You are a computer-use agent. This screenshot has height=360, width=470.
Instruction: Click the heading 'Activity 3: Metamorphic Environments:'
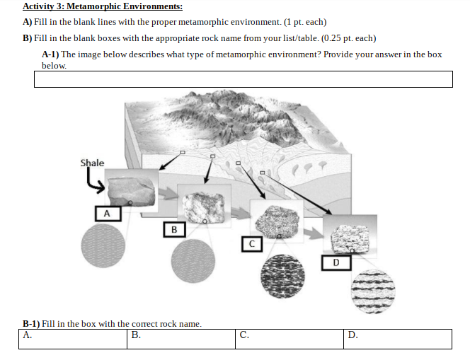click(x=102, y=7)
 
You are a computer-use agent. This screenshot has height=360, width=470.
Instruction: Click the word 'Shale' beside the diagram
click(x=92, y=163)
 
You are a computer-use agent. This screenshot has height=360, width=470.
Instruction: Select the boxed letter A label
click(x=107, y=212)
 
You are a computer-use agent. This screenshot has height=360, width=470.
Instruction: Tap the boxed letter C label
click(x=251, y=244)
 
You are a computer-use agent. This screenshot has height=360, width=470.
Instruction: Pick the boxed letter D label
click(x=336, y=263)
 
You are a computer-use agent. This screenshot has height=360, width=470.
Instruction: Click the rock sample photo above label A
click(x=131, y=188)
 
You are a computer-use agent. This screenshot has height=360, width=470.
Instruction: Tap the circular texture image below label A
click(x=103, y=247)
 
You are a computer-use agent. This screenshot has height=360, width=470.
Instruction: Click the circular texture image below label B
click(x=193, y=261)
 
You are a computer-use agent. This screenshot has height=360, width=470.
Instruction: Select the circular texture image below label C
click(x=283, y=277)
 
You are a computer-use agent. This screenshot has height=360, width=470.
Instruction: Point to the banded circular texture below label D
click(x=373, y=291)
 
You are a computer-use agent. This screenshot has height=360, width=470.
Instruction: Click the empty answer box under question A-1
click(x=243, y=79)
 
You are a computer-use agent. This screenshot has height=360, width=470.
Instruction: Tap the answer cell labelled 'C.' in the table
click(x=290, y=339)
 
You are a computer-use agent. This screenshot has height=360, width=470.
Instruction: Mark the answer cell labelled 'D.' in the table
click(x=399, y=339)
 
